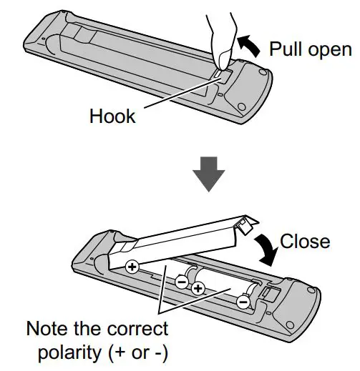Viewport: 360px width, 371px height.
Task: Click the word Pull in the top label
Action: pos(287,49)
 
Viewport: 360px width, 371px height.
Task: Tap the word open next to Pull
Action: pos(330,51)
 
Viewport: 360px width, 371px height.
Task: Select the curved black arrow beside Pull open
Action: pos(249,46)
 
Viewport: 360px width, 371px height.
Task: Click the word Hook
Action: pos(112,117)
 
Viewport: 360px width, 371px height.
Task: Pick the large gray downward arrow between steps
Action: pos(209,174)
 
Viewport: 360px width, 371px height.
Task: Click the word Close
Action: pos(305,242)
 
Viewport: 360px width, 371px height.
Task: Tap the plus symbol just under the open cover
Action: pos(132,267)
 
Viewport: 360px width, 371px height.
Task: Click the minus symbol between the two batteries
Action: pos(182,282)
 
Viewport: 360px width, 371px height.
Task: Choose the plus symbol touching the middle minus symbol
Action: pos(198,289)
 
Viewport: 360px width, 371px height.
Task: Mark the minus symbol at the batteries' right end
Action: pos(243,302)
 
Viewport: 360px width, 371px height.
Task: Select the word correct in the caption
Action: pos(138,330)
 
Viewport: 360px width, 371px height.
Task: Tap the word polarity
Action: pos(69,352)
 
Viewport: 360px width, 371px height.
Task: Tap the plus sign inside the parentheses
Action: pos(120,353)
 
